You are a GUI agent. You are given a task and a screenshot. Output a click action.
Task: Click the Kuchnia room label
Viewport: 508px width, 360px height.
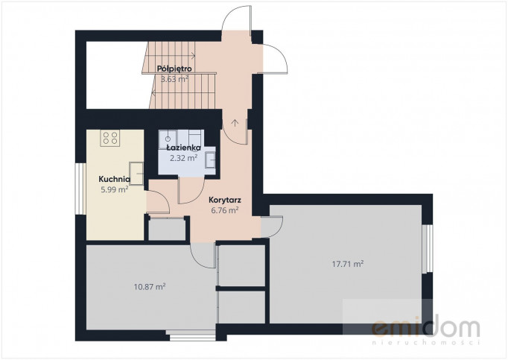pos(115,179)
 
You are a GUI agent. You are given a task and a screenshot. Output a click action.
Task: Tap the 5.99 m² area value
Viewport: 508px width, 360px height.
pos(115,189)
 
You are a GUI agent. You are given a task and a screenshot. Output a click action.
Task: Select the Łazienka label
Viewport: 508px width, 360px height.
pos(183,148)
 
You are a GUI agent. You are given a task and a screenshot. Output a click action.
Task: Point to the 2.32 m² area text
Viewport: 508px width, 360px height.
pos(184,158)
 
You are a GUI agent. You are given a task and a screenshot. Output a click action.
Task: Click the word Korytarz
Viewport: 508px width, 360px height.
pos(225,200)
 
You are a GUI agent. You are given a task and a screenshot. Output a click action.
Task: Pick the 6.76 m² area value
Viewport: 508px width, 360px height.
pos(225,210)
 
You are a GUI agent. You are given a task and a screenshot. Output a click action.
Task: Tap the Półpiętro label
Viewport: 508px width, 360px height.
pos(174,69)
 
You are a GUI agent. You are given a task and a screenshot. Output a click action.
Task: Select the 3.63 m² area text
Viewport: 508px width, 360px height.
pos(174,79)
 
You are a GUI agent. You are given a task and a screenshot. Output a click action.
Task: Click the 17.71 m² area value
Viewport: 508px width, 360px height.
pos(348,264)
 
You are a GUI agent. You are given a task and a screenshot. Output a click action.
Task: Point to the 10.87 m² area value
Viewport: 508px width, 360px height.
pos(150,287)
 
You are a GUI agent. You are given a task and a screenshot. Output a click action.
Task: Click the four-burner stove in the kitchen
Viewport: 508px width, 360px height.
pos(110,138)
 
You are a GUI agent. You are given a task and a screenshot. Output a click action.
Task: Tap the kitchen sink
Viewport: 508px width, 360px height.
pos(136,174)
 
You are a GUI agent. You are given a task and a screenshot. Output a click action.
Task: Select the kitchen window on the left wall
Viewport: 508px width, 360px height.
pos(80,189)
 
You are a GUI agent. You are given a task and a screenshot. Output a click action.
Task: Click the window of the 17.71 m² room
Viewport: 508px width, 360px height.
pos(428,248)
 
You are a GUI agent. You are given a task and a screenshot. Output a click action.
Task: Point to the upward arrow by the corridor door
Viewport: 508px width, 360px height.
pos(235,123)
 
